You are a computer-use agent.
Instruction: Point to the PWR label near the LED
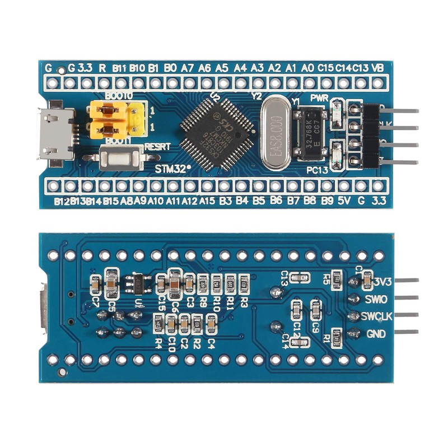coord(319,98)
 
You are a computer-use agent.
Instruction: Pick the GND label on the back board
coord(375,334)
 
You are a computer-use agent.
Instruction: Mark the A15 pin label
coord(208,200)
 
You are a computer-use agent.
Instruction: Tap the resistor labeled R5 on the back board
coord(336,278)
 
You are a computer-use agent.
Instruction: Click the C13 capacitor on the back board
coord(300,278)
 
